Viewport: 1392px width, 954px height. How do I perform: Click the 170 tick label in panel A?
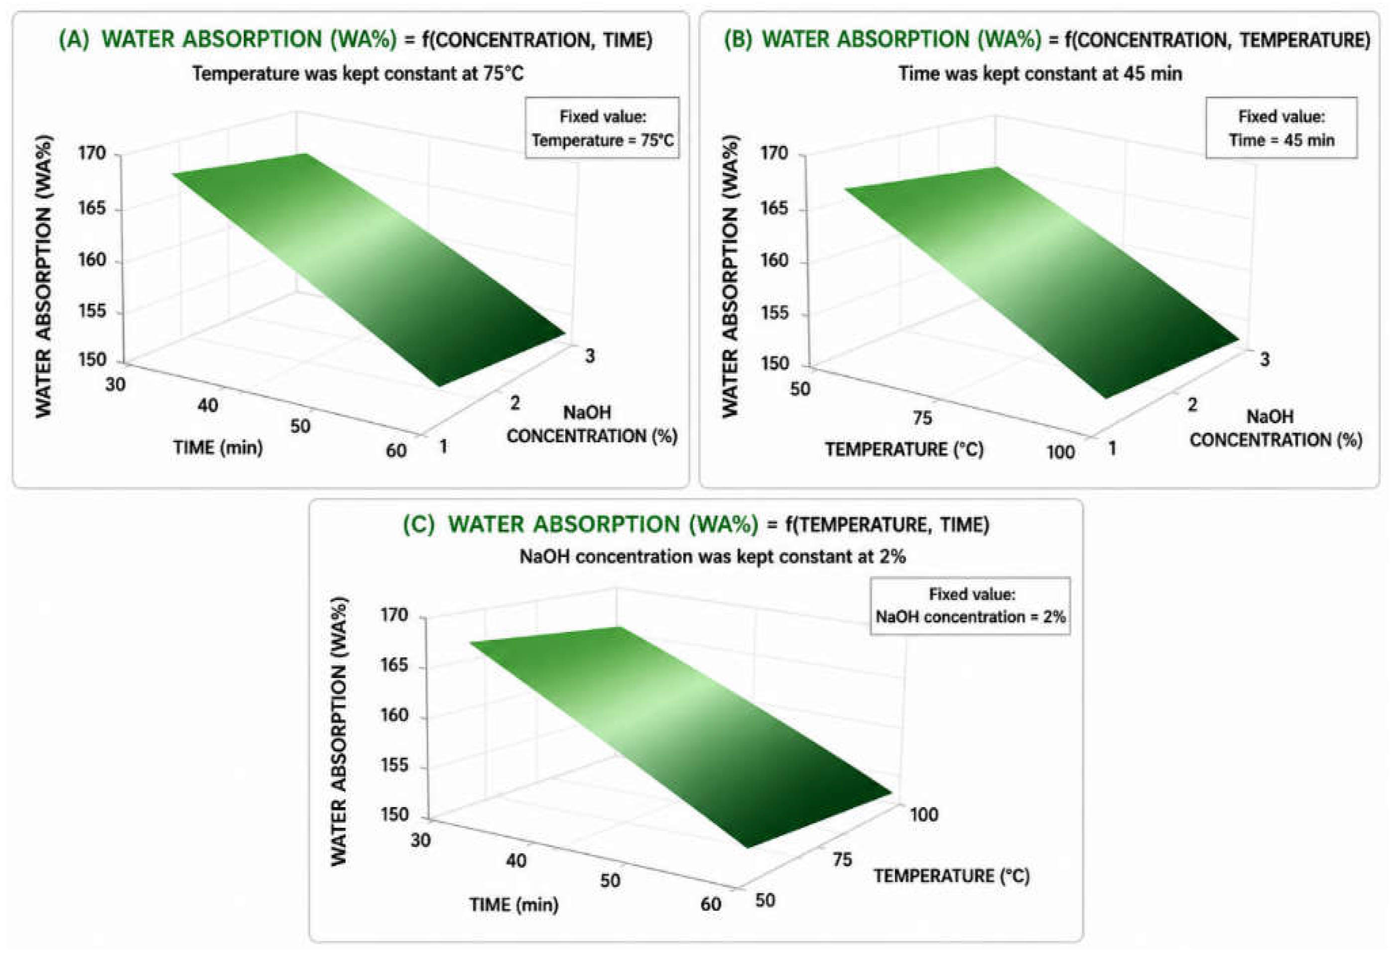[92, 153]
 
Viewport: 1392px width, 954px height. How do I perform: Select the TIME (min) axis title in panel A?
[218, 447]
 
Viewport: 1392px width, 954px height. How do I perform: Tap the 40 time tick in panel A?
[208, 405]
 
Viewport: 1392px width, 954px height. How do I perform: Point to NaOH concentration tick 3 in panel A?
[590, 356]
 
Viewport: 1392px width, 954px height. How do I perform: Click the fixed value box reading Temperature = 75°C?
[603, 127]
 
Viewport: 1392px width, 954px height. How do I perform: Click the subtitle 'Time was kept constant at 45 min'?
[1040, 74]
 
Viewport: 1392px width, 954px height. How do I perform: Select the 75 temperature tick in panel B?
[922, 417]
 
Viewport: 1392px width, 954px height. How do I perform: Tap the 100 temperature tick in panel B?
[1061, 452]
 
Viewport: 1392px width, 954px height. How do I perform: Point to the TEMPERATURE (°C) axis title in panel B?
[904, 449]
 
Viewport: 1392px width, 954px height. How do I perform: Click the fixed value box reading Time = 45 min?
[1282, 127]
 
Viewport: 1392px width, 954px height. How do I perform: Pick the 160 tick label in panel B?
[774, 261]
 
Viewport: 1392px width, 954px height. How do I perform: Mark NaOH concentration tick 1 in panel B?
[1112, 448]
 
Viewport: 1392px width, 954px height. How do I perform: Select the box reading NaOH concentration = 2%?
[970, 605]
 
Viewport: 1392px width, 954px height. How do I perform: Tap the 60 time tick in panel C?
[711, 904]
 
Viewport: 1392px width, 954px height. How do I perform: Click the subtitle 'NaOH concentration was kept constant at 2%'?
[712, 556]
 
